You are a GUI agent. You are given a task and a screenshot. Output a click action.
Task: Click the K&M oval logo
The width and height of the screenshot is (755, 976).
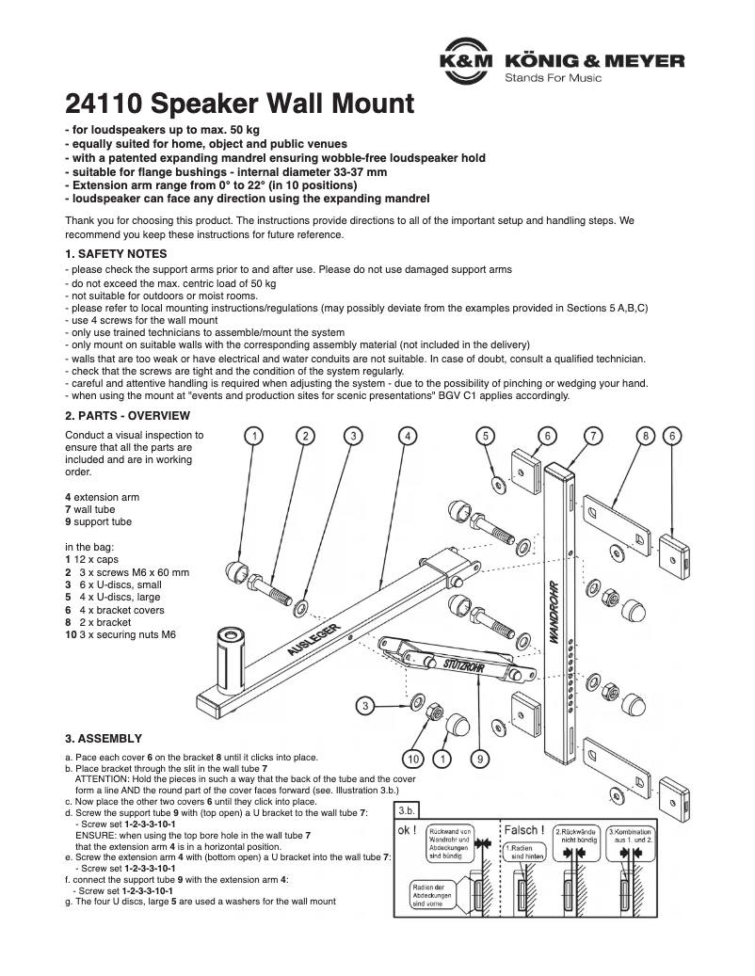click(468, 61)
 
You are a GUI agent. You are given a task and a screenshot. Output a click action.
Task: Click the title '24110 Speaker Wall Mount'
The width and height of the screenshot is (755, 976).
click(239, 103)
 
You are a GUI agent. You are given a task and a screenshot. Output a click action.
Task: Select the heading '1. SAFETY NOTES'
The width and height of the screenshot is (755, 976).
click(116, 254)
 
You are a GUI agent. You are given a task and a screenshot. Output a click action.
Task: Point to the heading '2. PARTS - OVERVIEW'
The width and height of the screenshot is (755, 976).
click(127, 415)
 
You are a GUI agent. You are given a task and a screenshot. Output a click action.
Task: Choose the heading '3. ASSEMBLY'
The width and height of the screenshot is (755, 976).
click(104, 738)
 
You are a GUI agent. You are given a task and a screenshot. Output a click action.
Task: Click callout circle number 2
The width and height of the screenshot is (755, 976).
click(305, 435)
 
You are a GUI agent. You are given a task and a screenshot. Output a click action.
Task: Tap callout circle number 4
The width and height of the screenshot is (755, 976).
click(406, 435)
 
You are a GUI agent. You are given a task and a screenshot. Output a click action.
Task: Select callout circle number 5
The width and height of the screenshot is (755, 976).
click(485, 435)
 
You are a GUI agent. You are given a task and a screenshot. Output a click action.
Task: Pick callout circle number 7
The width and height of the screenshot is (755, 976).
click(593, 435)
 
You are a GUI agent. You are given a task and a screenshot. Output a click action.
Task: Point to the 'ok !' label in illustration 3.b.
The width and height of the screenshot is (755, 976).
click(409, 831)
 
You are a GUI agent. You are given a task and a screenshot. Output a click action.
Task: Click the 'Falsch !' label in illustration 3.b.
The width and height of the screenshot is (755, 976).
click(524, 830)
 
